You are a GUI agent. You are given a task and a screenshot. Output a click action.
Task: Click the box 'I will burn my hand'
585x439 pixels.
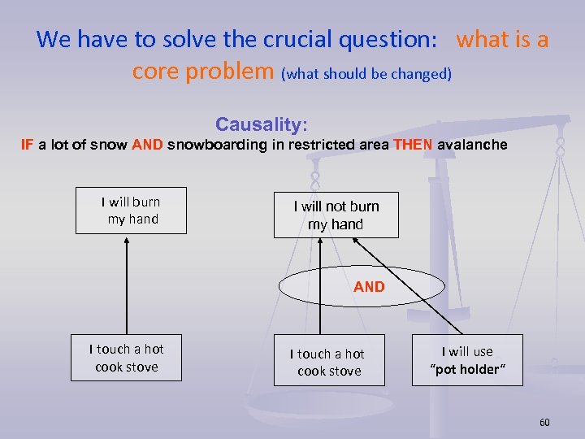[131, 211]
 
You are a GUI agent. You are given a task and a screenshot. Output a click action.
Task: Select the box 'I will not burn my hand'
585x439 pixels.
[336, 215]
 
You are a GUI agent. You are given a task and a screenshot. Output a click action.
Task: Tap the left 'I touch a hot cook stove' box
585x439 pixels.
[126, 358]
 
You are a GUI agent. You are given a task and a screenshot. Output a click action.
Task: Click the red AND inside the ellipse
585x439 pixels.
[369, 286]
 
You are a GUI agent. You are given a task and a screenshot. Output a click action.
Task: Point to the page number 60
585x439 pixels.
[544, 423]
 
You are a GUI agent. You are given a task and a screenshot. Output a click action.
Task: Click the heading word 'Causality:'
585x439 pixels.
[261, 124]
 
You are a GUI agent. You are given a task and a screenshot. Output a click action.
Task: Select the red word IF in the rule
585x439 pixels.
[27, 145]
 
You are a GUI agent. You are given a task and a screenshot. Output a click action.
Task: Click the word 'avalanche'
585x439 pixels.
[472, 145]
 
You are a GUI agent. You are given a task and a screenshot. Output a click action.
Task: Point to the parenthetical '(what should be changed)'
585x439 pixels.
[366, 73]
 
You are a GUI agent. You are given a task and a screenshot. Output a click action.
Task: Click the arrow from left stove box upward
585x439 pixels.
[126, 285]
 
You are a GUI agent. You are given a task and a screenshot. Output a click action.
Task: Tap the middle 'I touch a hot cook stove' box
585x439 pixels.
[329, 362]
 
